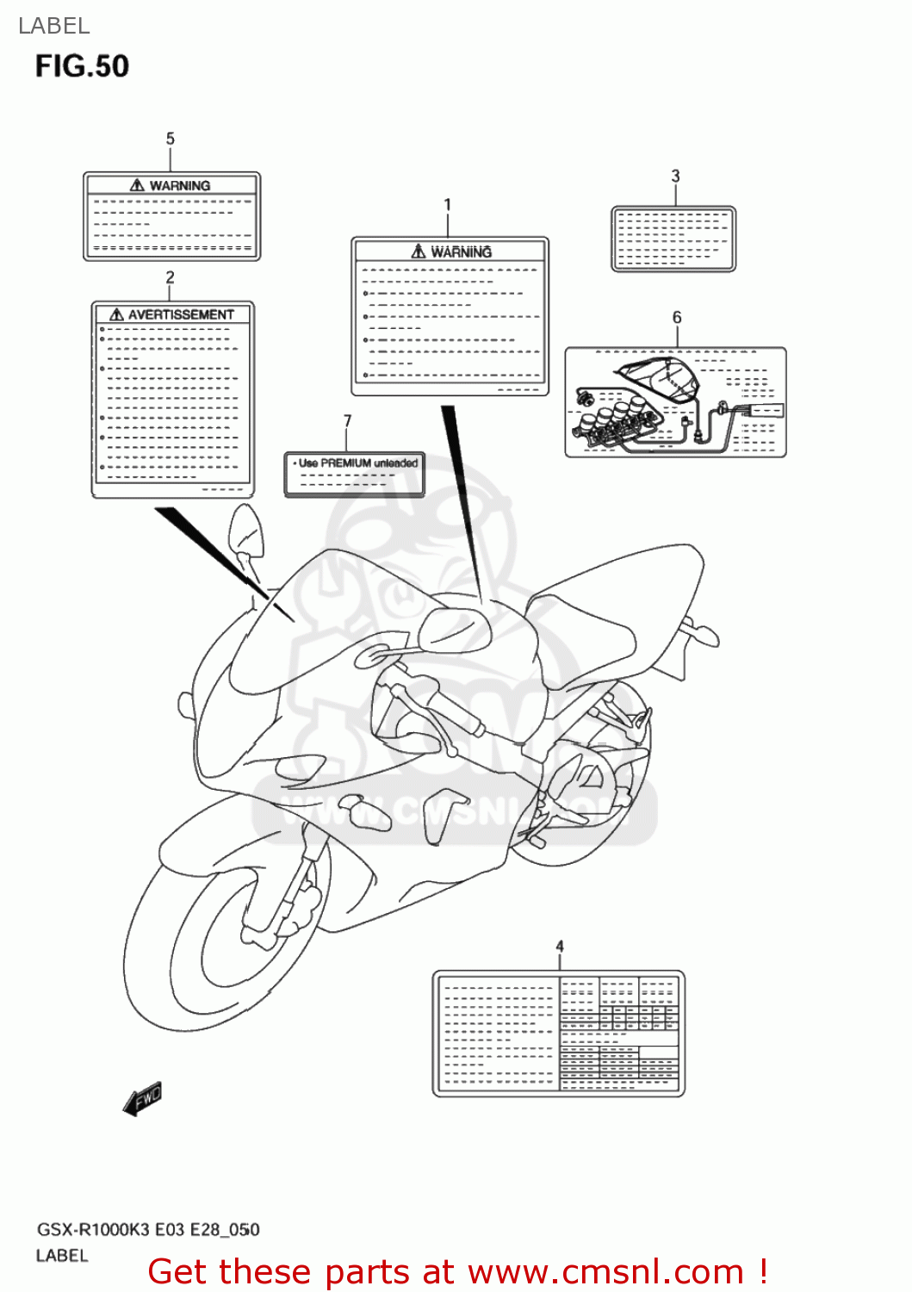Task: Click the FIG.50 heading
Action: tap(82, 66)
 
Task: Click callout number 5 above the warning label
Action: tap(170, 139)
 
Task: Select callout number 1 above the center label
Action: tap(447, 205)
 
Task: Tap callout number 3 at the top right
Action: tap(675, 176)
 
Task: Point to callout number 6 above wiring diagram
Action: tap(677, 318)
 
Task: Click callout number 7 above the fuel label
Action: tap(347, 420)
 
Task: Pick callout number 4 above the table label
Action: tap(560, 946)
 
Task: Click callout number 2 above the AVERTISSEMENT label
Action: tap(170, 276)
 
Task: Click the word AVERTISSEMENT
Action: tap(181, 314)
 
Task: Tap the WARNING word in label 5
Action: tap(179, 185)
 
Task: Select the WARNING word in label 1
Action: tap(461, 252)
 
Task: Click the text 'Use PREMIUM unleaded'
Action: tap(357, 463)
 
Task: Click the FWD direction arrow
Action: tap(143, 1099)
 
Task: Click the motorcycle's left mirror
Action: tap(246, 531)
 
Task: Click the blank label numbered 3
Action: tap(673, 239)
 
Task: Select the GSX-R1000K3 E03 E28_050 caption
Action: tap(147, 1229)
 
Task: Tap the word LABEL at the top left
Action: tap(53, 26)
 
